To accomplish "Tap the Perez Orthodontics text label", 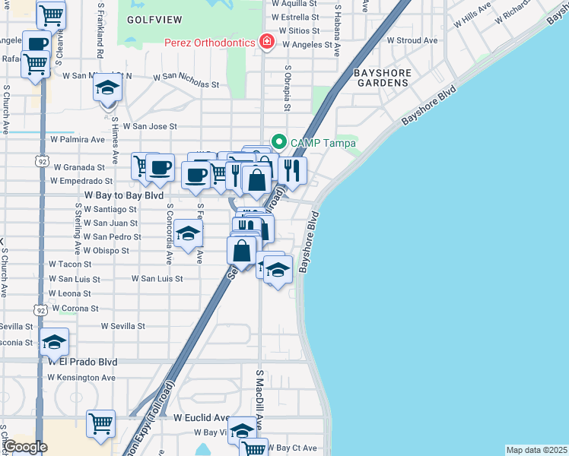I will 209,43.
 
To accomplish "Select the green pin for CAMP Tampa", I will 279,142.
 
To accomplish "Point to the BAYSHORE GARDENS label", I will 383,78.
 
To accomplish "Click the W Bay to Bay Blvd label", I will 123,195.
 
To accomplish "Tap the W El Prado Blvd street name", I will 83,363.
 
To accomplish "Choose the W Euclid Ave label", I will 202,418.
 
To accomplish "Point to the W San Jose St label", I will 150,126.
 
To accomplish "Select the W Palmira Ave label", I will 77,140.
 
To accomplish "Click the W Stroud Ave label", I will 412,40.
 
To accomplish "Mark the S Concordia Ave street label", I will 169,233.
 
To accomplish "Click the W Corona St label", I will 74,309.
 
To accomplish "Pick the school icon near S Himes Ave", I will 107,88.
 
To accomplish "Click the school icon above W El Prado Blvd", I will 54,343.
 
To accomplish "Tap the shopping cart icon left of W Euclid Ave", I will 100,424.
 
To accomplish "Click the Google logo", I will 25,447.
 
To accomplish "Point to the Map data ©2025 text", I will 536,450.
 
